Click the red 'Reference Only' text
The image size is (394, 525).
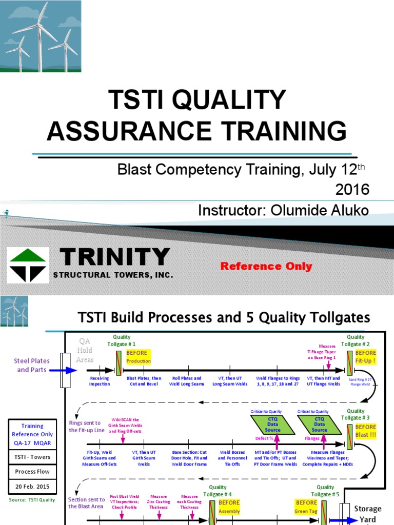(x=266, y=266)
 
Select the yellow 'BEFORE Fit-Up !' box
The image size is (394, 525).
(x=365, y=357)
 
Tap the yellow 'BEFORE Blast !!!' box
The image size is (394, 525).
(x=365, y=431)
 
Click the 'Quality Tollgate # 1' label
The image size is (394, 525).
(x=122, y=340)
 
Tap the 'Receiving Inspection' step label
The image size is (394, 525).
(x=99, y=381)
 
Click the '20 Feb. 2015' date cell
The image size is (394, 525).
(x=32, y=486)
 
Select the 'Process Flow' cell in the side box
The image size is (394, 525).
(x=32, y=471)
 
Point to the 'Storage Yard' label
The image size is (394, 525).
(x=368, y=513)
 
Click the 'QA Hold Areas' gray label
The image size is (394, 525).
(x=86, y=350)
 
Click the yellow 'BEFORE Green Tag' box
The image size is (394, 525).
(x=306, y=507)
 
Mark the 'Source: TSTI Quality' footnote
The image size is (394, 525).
(x=32, y=499)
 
